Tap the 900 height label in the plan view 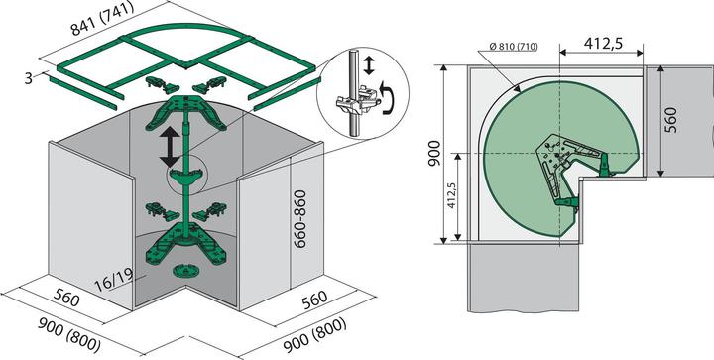click(x=430, y=152)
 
